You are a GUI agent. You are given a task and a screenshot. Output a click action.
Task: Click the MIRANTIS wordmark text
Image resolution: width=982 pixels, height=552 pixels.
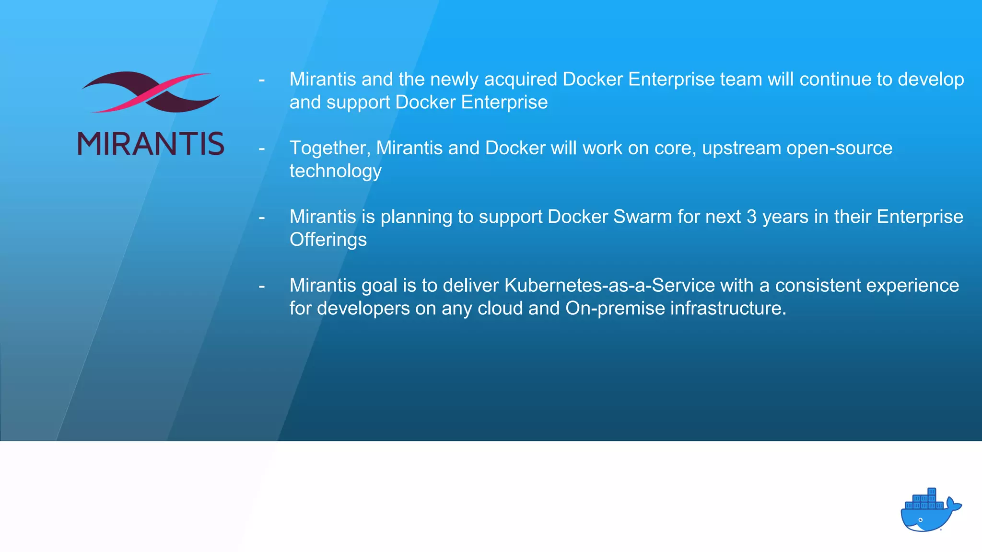coord(151,144)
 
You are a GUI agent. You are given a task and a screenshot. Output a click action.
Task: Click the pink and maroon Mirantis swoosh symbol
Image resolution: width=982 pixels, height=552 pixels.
coord(151,92)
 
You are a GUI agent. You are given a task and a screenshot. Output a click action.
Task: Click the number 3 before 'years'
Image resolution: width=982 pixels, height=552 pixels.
coord(751,217)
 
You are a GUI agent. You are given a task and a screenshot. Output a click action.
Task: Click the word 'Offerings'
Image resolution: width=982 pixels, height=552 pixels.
coord(328,240)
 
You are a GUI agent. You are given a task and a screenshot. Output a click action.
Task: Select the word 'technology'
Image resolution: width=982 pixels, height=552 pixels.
coord(335,171)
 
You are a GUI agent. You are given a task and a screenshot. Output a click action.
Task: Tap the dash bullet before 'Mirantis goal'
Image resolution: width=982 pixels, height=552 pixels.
coord(262,287)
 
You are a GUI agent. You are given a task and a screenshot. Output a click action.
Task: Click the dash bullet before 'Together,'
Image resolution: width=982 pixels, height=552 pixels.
coord(262,149)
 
